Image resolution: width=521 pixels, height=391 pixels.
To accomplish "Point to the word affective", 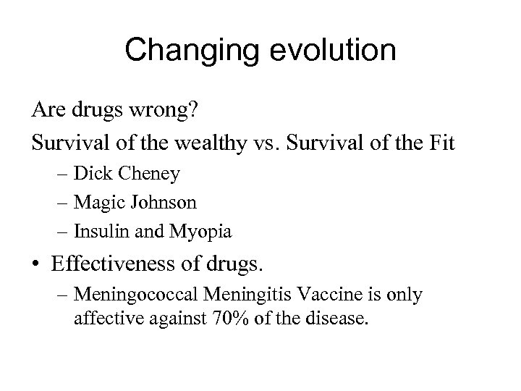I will point(101,318).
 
